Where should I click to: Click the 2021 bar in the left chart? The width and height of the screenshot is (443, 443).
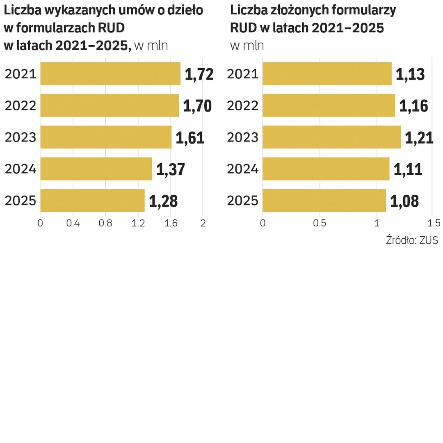(110, 74)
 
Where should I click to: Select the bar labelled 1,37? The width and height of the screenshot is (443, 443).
(96, 169)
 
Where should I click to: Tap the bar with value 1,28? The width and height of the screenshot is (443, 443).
(92, 200)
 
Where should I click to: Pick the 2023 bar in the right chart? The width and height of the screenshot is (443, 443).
(331, 137)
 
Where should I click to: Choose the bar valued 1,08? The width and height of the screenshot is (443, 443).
(324, 200)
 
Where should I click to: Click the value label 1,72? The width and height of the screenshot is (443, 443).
(199, 74)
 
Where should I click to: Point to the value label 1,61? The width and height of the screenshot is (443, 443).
(190, 138)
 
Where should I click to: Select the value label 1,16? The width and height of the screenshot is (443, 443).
(413, 106)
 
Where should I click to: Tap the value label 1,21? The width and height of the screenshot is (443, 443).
(419, 138)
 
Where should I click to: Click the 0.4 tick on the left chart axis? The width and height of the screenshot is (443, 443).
(73, 223)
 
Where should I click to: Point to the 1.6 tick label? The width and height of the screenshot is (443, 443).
(171, 223)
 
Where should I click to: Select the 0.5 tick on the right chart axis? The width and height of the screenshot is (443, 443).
(320, 223)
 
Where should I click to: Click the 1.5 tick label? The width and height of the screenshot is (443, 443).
(434, 223)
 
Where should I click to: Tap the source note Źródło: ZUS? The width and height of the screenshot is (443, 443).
(412, 240)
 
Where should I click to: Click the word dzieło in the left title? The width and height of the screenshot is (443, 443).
(185, 10)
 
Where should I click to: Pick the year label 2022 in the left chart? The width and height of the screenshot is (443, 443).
(21, 106)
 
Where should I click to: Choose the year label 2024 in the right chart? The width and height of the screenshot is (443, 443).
(242, 169)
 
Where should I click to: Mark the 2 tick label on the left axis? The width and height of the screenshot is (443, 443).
(203, 223)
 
